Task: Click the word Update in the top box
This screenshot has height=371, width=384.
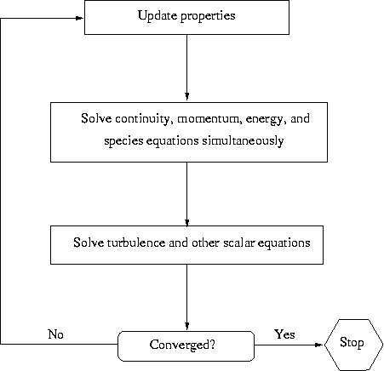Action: tap(158, 16)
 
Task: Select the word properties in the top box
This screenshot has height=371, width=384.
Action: tap(208, 16)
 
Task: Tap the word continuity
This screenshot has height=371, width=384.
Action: tap(144, 119)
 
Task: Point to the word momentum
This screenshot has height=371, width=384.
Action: tap(209, 119)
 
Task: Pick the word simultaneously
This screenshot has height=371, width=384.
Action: tap(243, 140)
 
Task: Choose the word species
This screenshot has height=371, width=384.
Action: tap(123, 141)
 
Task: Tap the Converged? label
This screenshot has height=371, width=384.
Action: tap(182, 345)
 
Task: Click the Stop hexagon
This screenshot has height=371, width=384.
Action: tap(353, 345)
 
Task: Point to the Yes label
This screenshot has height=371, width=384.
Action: tap(284, 334)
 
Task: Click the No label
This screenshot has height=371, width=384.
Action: tap(55, 334)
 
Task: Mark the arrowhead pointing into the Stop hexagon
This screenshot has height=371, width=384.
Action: tap(319, 345)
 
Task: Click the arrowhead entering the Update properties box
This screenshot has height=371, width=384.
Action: tap(79, 18)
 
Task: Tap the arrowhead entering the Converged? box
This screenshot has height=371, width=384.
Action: tap(186, 326)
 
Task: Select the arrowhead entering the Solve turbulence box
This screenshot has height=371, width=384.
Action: tap(186, 222)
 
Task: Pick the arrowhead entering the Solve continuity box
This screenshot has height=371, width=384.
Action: tap(186, 96)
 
